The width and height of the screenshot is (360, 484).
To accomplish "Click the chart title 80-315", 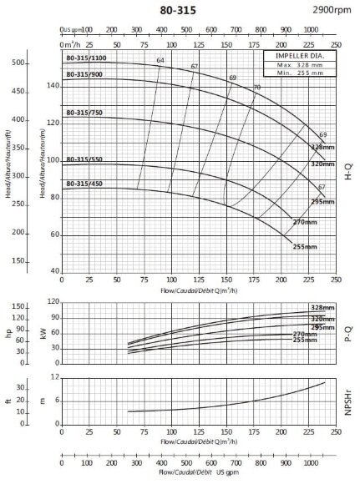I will (x=177, y=10).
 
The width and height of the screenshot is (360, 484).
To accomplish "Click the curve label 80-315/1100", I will (x=87, y=58).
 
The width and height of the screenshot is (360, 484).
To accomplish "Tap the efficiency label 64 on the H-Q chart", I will (x=160, y=60).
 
